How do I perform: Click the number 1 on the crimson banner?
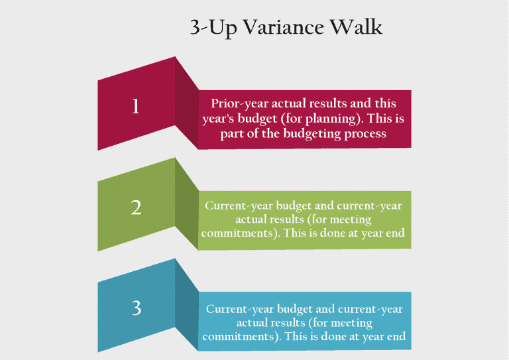click(136, 106)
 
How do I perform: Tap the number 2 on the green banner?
click(136, 208)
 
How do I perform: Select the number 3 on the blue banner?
click(136, 308)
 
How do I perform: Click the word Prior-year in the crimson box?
click(239, 104)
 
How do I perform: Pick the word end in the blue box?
click(396, 336)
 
